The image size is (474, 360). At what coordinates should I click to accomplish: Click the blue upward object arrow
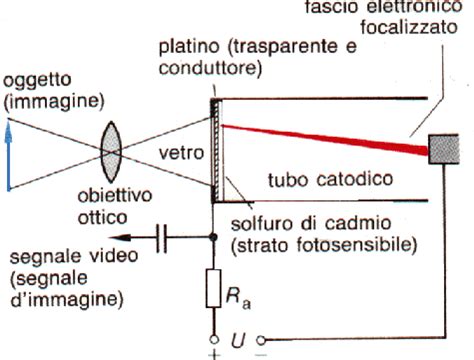[x=8, y=149]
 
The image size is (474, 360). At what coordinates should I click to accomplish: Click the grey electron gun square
[x=443, y=149]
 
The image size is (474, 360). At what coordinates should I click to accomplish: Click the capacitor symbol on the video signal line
[x=164, y=238]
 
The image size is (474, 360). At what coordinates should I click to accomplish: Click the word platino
[x=187, y=50]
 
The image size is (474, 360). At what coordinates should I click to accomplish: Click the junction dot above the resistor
[x=214, y=238]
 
